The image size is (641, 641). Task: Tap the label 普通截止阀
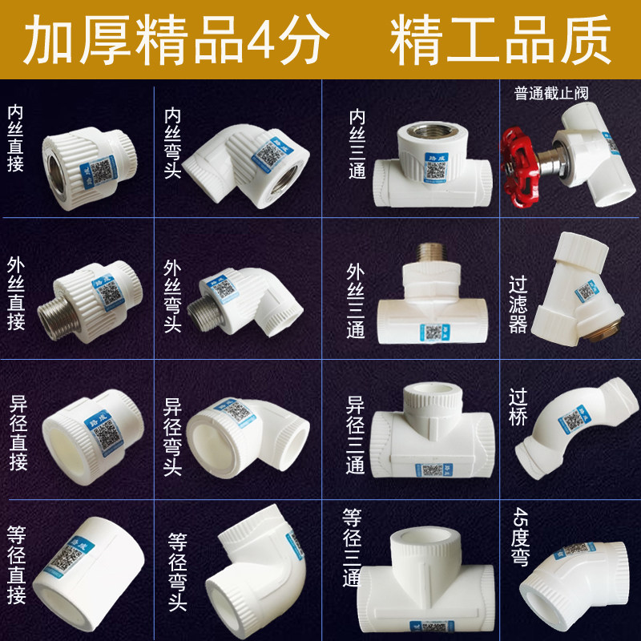tap(551, 93)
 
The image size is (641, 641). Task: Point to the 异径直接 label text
tap(16, 433)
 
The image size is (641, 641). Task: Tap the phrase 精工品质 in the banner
tap(501, 40)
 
